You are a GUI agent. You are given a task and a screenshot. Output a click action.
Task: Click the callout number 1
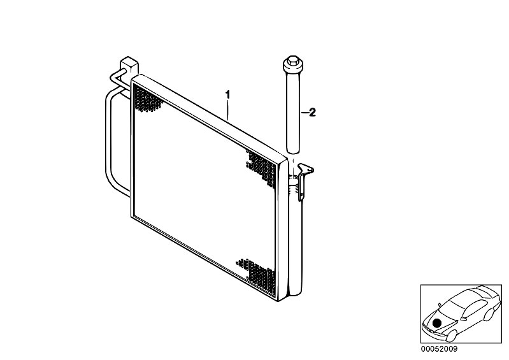coord(227,95)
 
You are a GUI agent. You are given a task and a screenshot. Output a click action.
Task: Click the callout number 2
coord(312,112)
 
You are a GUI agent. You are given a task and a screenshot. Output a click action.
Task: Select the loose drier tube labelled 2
coord(294,104)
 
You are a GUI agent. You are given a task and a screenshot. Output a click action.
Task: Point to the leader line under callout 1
coord(228,110)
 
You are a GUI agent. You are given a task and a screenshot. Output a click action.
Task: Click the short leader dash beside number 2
coord(305,113)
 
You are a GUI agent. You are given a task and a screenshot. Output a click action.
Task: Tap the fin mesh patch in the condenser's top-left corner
coord(147,99)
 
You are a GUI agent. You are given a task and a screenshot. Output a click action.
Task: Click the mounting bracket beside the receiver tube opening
coord(304,180)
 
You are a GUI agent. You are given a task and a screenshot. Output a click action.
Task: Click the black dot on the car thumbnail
coord(437,323)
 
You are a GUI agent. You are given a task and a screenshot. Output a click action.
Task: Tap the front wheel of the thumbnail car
coord(452,336)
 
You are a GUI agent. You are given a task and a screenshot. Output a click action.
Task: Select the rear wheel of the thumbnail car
coord(489,314)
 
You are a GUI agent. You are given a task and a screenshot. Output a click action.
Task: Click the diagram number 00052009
coord(439,349)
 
